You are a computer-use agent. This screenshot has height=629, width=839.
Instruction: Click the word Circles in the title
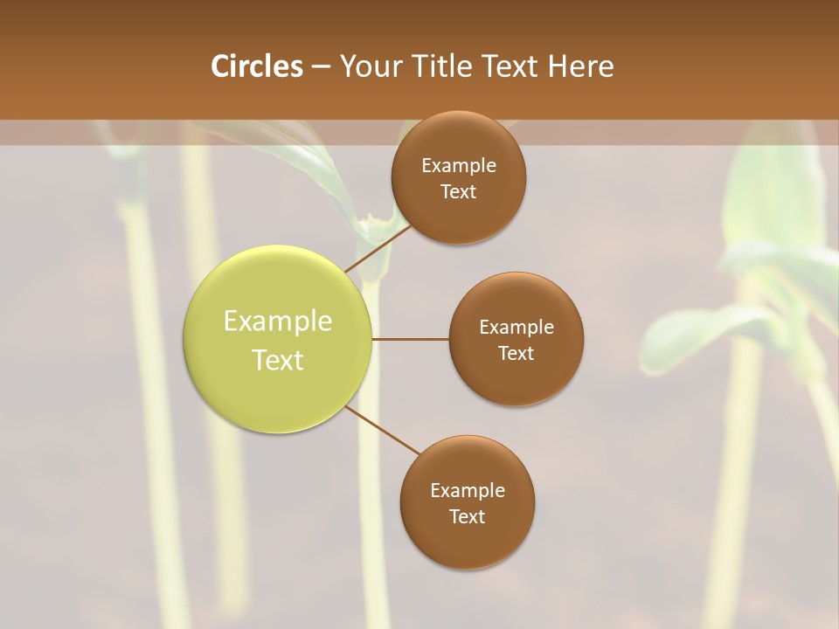click(x=256, y=66)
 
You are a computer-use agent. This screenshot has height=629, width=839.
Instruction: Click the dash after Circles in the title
click(x=320, y=67)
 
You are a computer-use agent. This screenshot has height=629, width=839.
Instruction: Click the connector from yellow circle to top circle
click(x=378, y=247)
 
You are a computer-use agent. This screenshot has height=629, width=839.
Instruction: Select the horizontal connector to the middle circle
click(x=410, y=339)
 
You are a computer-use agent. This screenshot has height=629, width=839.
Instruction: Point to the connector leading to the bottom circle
click(x=383, y=430)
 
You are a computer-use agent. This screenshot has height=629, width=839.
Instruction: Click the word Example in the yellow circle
click(x=278, y=321)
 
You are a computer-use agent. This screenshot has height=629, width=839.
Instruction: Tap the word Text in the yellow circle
click(x=278, y=360)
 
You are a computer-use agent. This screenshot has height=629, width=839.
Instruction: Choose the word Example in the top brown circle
click(x=459, y=166)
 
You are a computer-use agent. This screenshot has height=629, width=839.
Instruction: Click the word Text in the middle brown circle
click(x=516, y=353)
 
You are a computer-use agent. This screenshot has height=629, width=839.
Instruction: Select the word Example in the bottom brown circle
click(x=468, y=491)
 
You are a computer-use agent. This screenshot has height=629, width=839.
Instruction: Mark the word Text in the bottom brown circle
click(x=467, y=516)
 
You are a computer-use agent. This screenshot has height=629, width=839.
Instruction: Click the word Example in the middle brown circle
click(x=517, y=328)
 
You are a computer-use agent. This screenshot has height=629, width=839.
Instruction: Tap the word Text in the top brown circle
click(x=458, y=192)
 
